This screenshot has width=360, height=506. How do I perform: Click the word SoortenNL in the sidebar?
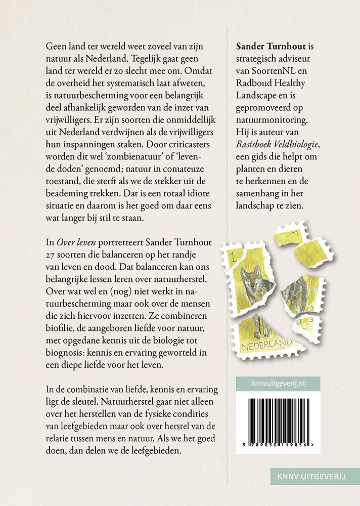tap(282, 71)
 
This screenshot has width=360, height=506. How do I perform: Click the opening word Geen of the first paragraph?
tap(56, 47)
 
